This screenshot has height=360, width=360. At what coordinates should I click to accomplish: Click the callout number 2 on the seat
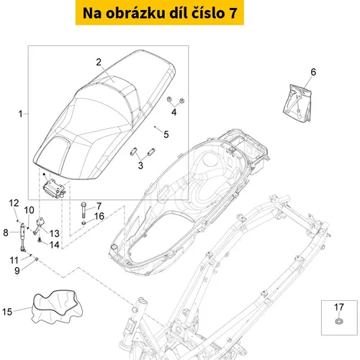99,62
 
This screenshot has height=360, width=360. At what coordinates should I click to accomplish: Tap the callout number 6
313,72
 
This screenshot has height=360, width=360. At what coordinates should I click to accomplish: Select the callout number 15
7,312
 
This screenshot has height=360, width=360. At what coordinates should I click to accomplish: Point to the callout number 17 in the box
339,307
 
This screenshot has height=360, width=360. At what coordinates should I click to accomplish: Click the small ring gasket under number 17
339,321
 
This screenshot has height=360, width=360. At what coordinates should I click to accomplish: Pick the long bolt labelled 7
84,210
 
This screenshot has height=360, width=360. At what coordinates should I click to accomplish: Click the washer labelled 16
84,223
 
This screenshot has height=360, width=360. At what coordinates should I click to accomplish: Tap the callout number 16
99,216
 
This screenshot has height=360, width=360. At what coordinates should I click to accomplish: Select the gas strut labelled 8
22,237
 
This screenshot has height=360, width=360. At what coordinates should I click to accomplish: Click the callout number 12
14,203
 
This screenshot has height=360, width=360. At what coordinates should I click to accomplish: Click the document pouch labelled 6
297,103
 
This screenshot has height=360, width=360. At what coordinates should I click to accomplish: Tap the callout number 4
174,112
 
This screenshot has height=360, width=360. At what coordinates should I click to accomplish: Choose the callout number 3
140,166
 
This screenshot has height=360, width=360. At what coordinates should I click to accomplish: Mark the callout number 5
166,135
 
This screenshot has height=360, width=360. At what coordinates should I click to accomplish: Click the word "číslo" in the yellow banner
207,13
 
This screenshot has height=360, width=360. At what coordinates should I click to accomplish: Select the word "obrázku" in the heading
136,13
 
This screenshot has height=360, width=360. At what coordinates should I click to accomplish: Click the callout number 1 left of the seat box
21,114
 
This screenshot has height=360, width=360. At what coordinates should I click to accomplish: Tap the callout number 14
54,245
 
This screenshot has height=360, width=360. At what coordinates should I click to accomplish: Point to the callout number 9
17,271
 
